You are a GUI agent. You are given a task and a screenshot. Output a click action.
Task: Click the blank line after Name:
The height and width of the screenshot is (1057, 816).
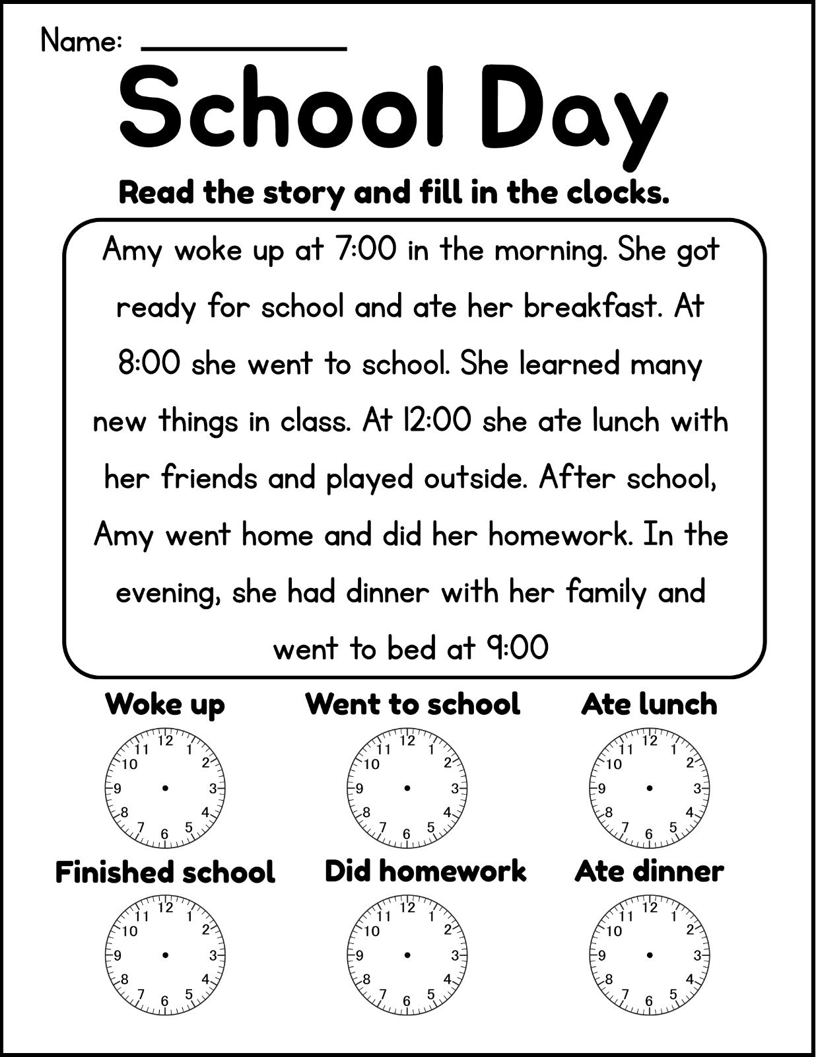pyautogui.click(x=244, y=48)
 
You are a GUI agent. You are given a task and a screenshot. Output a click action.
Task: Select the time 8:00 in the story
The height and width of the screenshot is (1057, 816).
pyautogui.click(x=149, y=364)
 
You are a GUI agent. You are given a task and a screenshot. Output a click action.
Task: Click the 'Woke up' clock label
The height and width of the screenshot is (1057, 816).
pyautogui.click(x=165, y=704)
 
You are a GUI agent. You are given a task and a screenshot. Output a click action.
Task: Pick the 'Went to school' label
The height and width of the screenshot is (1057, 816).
pyautogui.click(x=413, y=704)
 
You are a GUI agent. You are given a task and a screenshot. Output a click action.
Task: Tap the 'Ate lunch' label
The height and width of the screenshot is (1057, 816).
pyautogui.click(x=649, y=704)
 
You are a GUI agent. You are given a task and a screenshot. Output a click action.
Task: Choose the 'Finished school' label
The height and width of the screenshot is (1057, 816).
pyautogui.click(x=165, y=872)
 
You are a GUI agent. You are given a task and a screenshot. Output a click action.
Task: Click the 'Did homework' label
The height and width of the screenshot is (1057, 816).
pyautogui.click(x=425, y=871)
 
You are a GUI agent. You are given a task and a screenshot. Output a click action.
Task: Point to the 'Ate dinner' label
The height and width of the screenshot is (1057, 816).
pyautogui.click(x=649, y=871)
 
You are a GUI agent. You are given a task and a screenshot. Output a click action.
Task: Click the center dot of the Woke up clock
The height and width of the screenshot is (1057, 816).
pyautogui.click(x=165, y=787)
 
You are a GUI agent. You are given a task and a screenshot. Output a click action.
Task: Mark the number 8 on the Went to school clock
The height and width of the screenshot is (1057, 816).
pyautogui.click(x=366, y=812)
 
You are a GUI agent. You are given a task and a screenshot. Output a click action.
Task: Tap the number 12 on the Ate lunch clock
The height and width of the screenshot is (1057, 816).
pyautogui.click(x=650, y=741)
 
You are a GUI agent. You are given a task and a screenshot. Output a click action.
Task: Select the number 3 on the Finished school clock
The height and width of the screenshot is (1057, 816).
pyautogui.click(x=213, y=955)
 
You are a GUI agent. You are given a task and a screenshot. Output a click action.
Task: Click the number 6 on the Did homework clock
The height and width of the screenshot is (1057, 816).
pyautogui.click(x=407, y=1002)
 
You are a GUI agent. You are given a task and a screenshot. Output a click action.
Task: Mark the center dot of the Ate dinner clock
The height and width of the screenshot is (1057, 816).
pyautogui.click(x=650, y=955)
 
